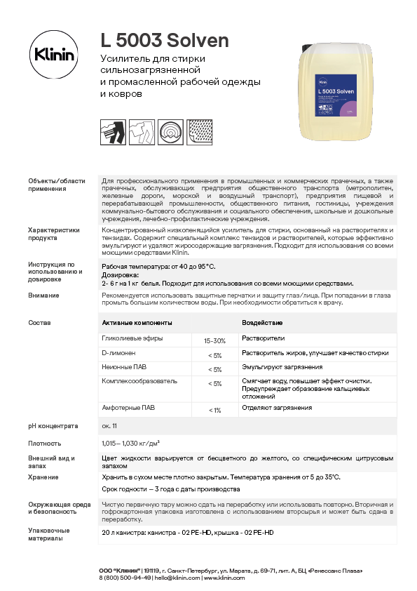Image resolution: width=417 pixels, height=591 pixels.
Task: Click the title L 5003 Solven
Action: (x=165, y=41)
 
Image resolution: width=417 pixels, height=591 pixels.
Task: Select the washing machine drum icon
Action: (x=170, y=131)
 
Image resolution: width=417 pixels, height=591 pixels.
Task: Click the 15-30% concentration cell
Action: (x=214, y=340)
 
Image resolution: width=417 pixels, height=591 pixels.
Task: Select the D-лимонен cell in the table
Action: (x=118, y=353)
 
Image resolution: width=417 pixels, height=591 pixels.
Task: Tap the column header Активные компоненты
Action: (x=137, y=323)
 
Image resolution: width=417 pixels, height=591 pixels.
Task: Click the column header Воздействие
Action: (x=262, y=323)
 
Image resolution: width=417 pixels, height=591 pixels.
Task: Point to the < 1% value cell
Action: (x=214, y=410)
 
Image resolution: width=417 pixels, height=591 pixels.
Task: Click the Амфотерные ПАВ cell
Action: (x=128, y=408)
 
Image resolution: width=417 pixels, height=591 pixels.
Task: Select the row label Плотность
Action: (x=44, y=444)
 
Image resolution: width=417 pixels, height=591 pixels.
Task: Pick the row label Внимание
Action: (x=43, y=295)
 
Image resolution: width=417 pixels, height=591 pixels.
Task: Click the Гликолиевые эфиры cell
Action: (x=132, y=338)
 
